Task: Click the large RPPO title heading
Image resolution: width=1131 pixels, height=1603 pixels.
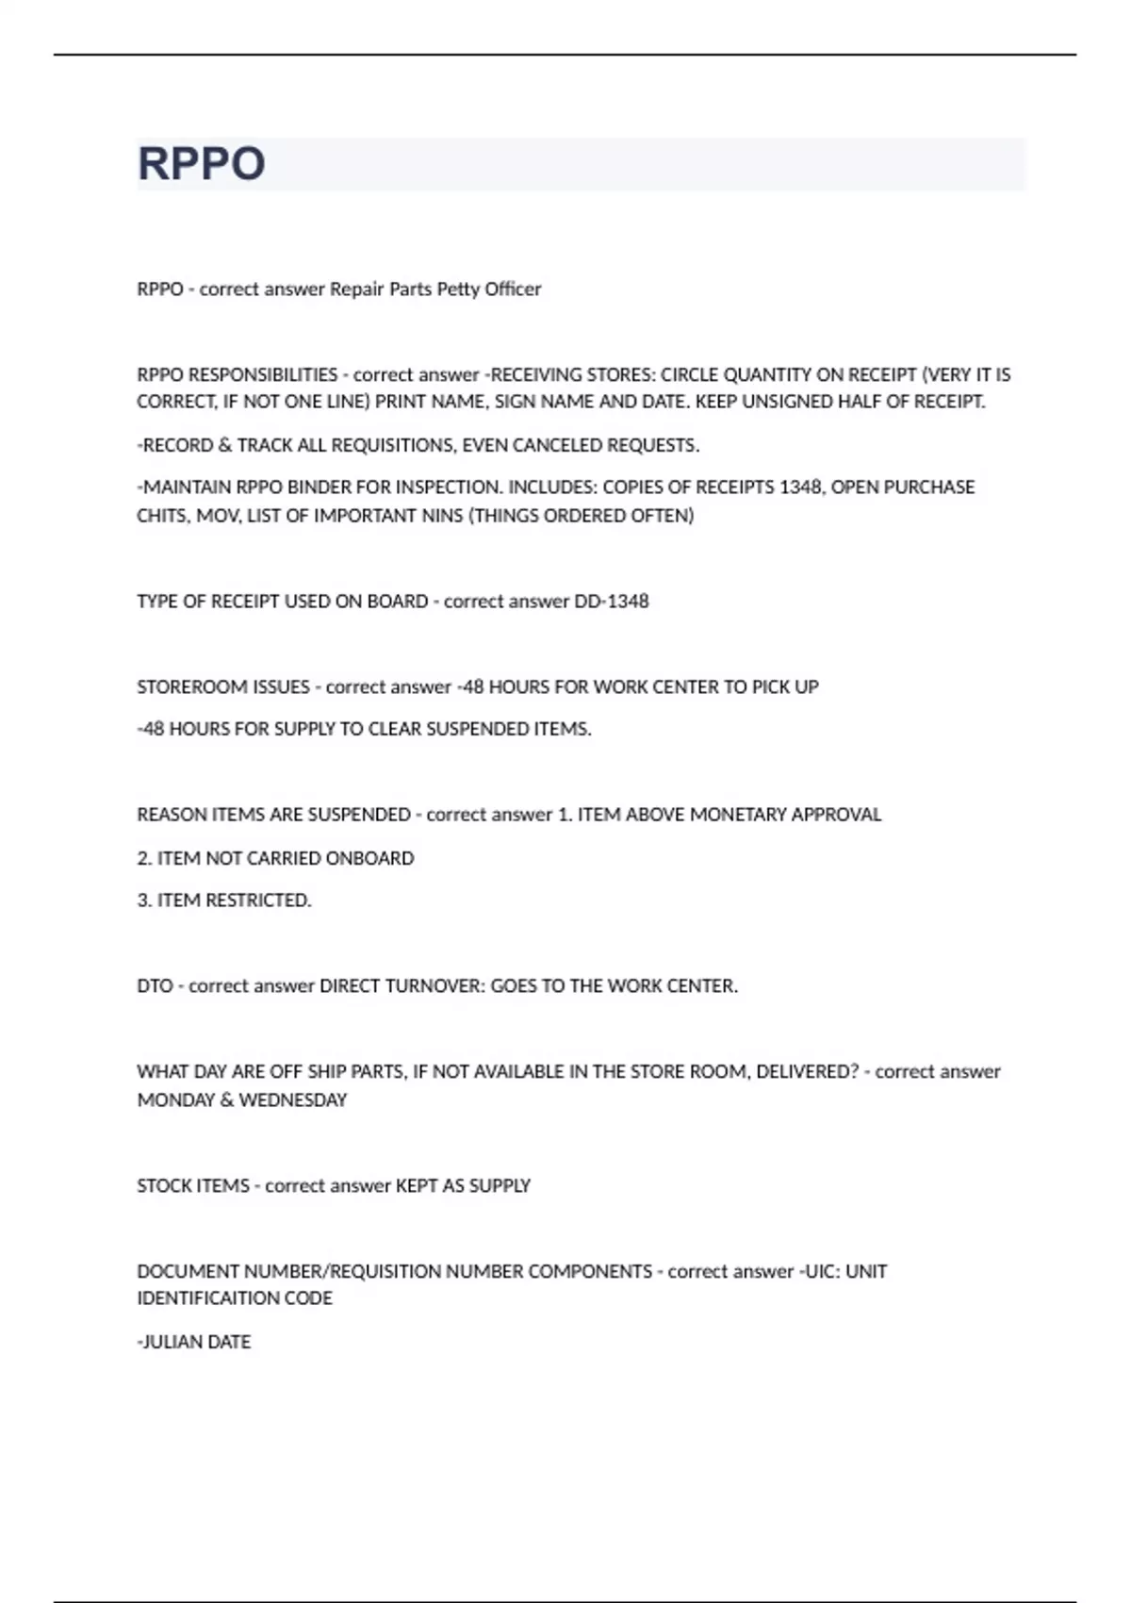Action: coord(201,163)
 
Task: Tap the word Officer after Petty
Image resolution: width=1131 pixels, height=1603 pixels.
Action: coord(513,289)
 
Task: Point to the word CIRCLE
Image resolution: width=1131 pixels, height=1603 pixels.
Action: coord(689,374)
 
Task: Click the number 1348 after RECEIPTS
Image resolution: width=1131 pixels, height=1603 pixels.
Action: coord(800,488)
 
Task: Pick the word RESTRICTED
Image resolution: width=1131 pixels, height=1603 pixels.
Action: coord(258,901)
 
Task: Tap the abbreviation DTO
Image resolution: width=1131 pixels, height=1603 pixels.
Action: coord(155,986)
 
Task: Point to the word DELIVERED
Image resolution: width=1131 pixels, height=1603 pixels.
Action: coord(808,1072)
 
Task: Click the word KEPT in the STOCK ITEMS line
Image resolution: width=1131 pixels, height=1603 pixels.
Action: coord(416,1186)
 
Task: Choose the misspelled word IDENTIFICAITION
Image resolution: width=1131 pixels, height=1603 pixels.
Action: coord(235,1298)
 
